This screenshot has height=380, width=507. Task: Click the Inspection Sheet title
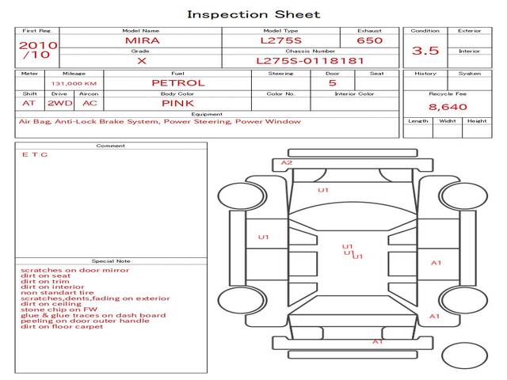(x=253, y=14)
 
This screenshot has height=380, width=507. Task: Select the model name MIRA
(x=141, y=40)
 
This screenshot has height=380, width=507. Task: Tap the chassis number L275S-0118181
(x=310, y=60)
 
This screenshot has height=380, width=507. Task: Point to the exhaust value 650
(x=369, y=40)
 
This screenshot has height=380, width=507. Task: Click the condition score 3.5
(x=425, y=51)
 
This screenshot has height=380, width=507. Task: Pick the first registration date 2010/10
(x=37, y=50)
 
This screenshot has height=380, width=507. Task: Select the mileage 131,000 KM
(x=74, y=83)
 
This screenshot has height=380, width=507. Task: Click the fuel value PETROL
(x=178, y=82)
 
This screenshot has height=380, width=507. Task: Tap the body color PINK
(x=178, y=103)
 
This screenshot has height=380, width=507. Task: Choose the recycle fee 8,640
(x=448, y=106)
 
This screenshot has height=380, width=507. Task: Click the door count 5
(x=332, y=82)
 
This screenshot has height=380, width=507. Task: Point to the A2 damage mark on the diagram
(x=287, y=162)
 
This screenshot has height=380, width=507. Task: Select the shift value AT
(x=29, y=103)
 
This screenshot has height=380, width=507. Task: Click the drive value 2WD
(x=59, y=103)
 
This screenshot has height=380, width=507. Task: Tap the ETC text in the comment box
(x=34, y=154)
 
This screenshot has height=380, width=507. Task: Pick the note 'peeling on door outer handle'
(x=85, y=321)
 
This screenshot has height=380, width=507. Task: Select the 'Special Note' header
(x=110, y=260)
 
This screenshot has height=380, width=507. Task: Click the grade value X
(x=141, y=60)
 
